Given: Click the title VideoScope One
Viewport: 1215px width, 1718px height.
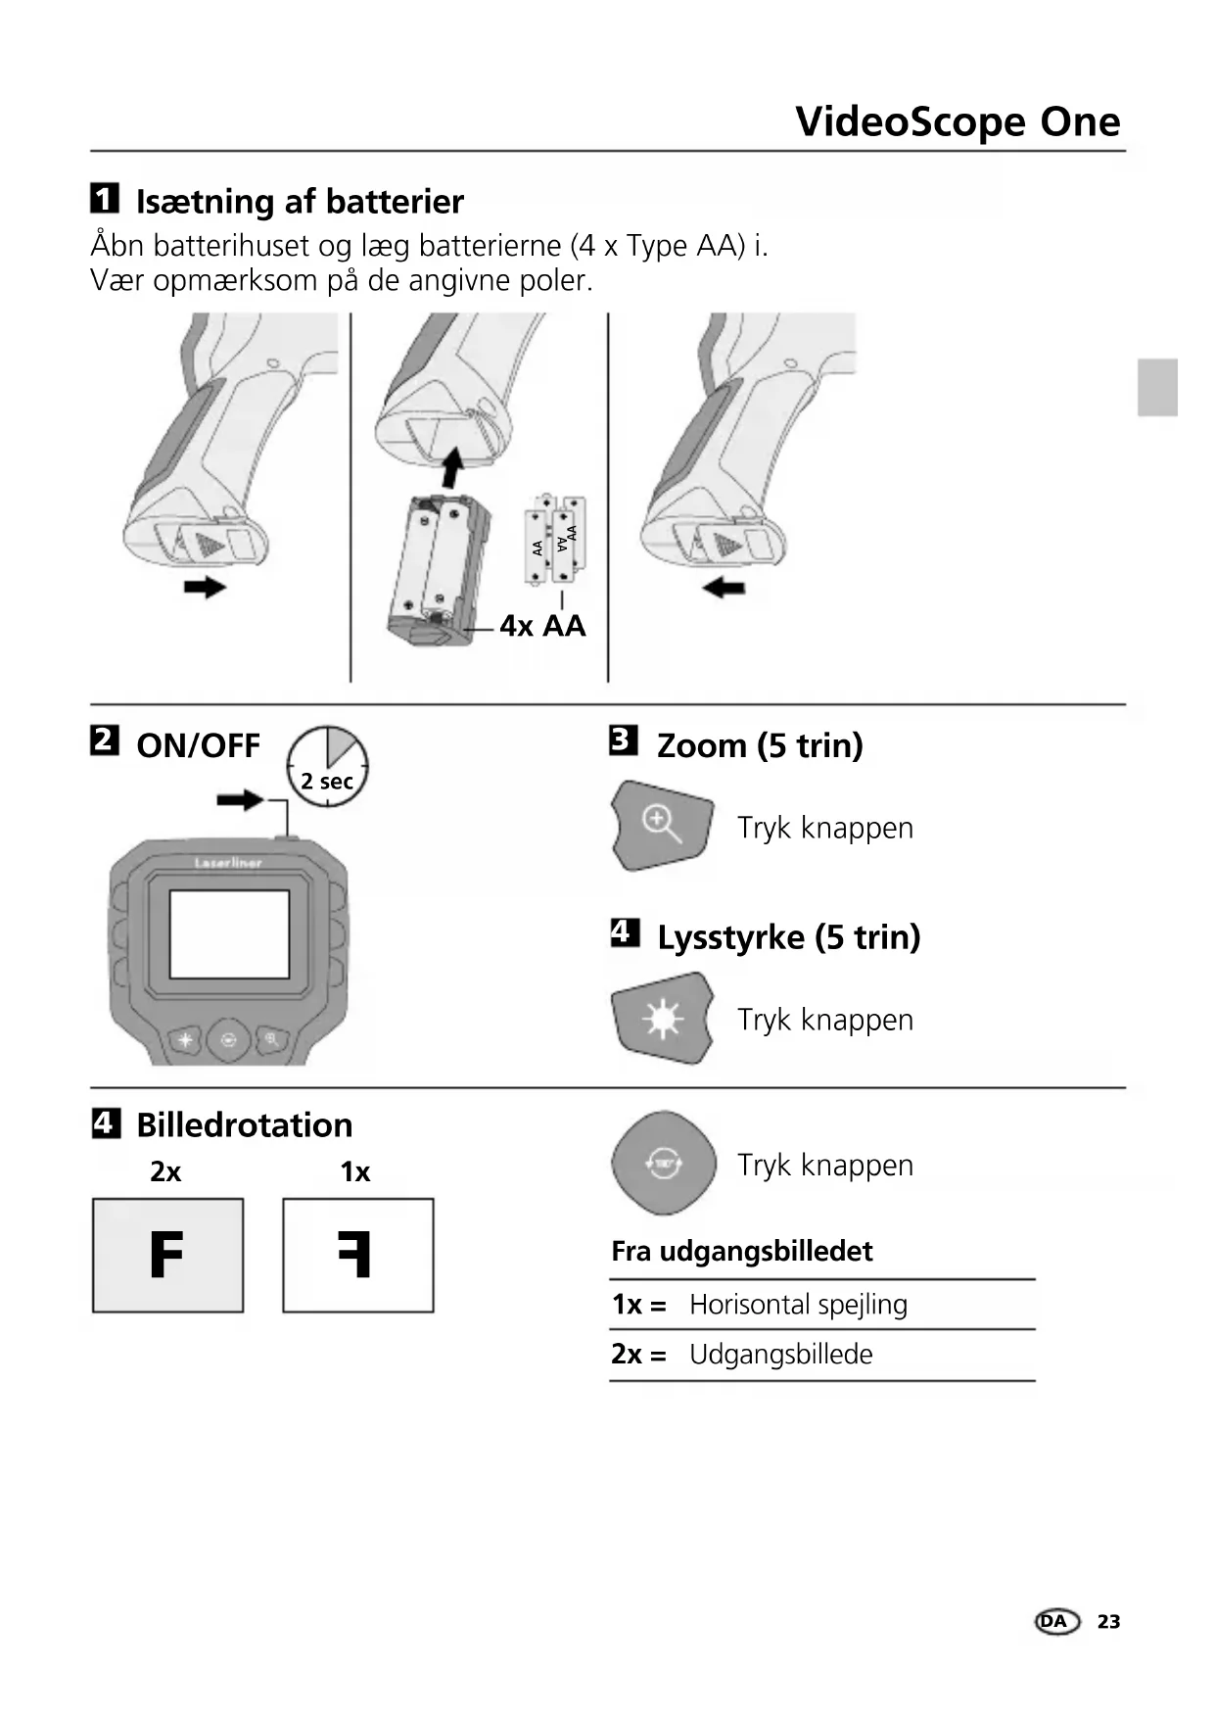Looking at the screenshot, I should click(x=958, y=121).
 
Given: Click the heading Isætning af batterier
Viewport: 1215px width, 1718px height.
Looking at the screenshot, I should click(x=299, y=202).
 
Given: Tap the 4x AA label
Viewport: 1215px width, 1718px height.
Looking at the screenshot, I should click(x=542, y=626).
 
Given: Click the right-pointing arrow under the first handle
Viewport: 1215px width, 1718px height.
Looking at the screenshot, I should click(x=206, y=587).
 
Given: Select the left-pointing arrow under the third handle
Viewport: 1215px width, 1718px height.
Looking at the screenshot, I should click(x=724, y=588).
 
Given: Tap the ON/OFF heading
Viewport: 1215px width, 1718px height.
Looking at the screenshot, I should click(x=198, y=745).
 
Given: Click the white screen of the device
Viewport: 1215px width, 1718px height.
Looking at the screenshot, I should click(x=229, y=934).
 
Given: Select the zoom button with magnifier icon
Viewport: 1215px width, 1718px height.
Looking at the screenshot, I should click(x=662, y=825).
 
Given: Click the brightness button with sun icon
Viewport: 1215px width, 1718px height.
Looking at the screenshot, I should click(x=662, y=1019).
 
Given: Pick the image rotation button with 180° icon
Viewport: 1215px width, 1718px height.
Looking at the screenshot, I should click(x=664, y=1164).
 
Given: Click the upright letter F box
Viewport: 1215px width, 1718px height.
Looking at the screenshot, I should click(x=167, y=1255).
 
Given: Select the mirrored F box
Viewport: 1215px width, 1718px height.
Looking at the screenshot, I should click(x=357, y=1255).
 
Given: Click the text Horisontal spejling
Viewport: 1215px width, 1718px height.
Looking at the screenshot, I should click(x=798, y=1305).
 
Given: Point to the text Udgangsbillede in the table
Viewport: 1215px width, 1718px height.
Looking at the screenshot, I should click(x=780, y=1355).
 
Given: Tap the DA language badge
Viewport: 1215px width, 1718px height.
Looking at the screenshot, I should click(x=1055, y=1622).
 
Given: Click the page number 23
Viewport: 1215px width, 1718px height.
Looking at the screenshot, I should click(x=1108, y=1622).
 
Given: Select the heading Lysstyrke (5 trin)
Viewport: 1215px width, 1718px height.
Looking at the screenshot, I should click(x=788, y=937).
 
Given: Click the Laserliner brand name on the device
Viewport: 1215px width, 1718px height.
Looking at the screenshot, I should click(x=228, y=863).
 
